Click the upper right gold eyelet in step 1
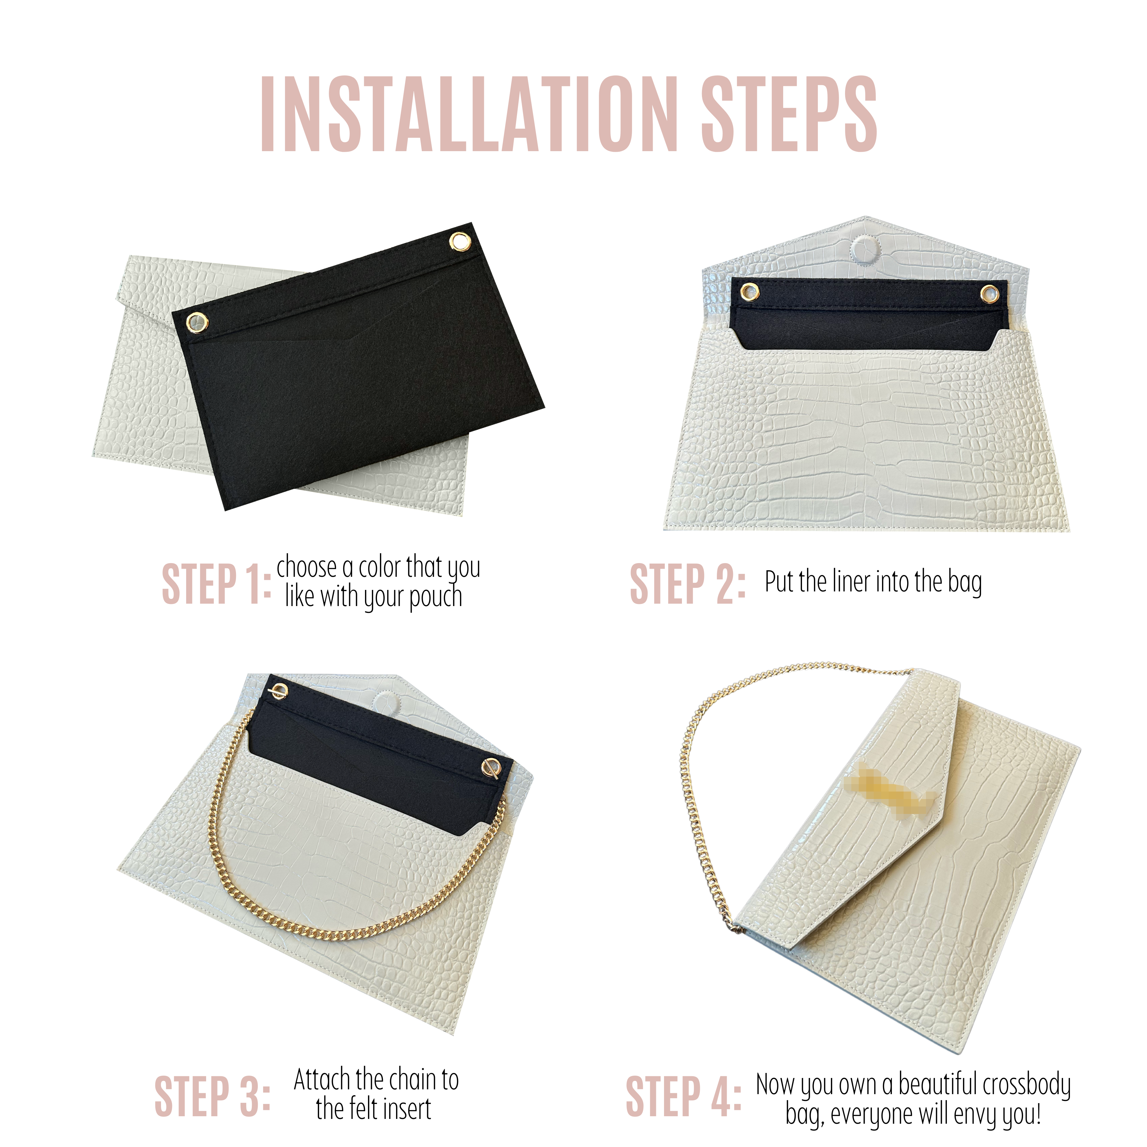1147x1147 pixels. tap(459, 242)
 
